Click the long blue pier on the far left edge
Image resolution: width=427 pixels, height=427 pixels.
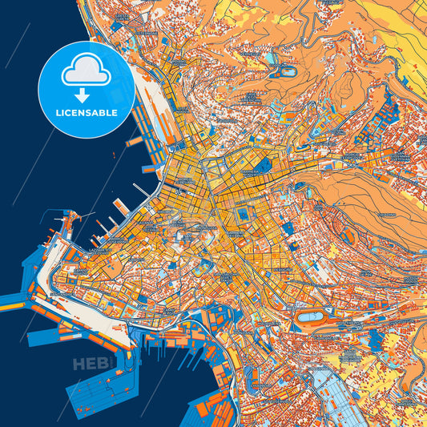[16, 301]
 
